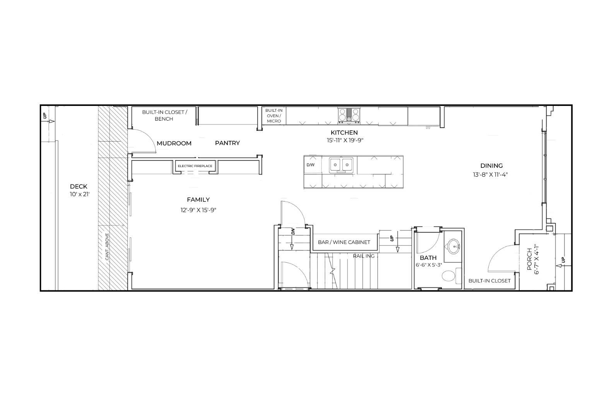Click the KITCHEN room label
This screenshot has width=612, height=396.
(x=344, y=133)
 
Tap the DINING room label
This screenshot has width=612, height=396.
(x=491, y=166)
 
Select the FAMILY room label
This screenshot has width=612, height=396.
(x=198, y=200)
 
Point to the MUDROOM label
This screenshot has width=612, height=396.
(x=174, y=143)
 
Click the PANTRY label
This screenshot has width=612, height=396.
(x=227, y=143)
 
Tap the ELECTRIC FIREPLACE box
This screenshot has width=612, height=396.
(x=195, y=166)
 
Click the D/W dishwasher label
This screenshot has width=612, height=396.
(x=310, y=165)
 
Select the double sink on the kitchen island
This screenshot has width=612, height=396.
(x=341, y=165)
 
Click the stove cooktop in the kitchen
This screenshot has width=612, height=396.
(x=349, y=115)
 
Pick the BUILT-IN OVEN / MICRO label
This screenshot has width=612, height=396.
(x=274, y=116)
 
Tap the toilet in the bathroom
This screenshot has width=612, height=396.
(x=449, y=276)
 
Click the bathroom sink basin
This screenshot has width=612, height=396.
(x=453, y=245)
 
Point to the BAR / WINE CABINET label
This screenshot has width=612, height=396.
(x=344, y=242)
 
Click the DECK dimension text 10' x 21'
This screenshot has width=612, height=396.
(x=80, y=194)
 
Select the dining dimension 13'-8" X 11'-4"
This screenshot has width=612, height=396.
(x=490, y=174)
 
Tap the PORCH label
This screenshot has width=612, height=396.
(x=529, y=259)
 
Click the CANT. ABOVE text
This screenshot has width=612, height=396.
(x=107, y=246)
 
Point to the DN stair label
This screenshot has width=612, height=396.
(x=293, y=232)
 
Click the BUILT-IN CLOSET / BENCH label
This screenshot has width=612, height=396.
(x=164, y=115)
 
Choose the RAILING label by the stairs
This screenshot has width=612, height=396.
(x=364, y=256)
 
